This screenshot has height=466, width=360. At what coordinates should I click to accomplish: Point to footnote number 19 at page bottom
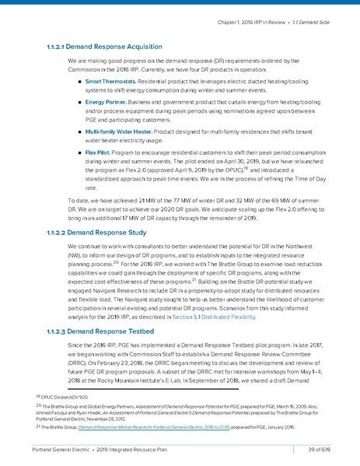(x=39, y=395)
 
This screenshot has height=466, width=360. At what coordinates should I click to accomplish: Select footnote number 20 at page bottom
(x=39, y=405)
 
